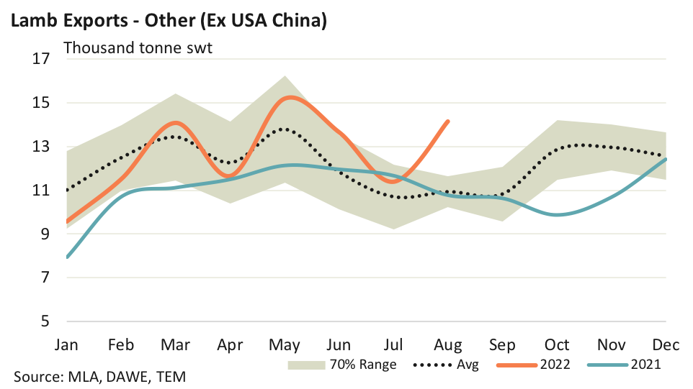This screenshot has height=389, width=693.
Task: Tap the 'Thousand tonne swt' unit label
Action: pyautogui.click(x=137, y=49)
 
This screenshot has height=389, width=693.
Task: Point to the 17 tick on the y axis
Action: pyautogui.click(x=40, y=59)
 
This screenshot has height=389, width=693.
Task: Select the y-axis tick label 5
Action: pyautogui.click(x=44, y=321)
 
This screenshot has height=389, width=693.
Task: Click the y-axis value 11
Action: pyautogui.click(x=40, y=190)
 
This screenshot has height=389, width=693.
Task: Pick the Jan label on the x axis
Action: pyautogui.click(x=67, y=344)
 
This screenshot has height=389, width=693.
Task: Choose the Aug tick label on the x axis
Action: pyautogui.click(x=450, y=344)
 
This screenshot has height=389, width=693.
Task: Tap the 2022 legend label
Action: pyautogui.click(x=554, y=365)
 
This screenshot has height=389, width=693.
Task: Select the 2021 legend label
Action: pyautogui.click(x=645, y=365)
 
